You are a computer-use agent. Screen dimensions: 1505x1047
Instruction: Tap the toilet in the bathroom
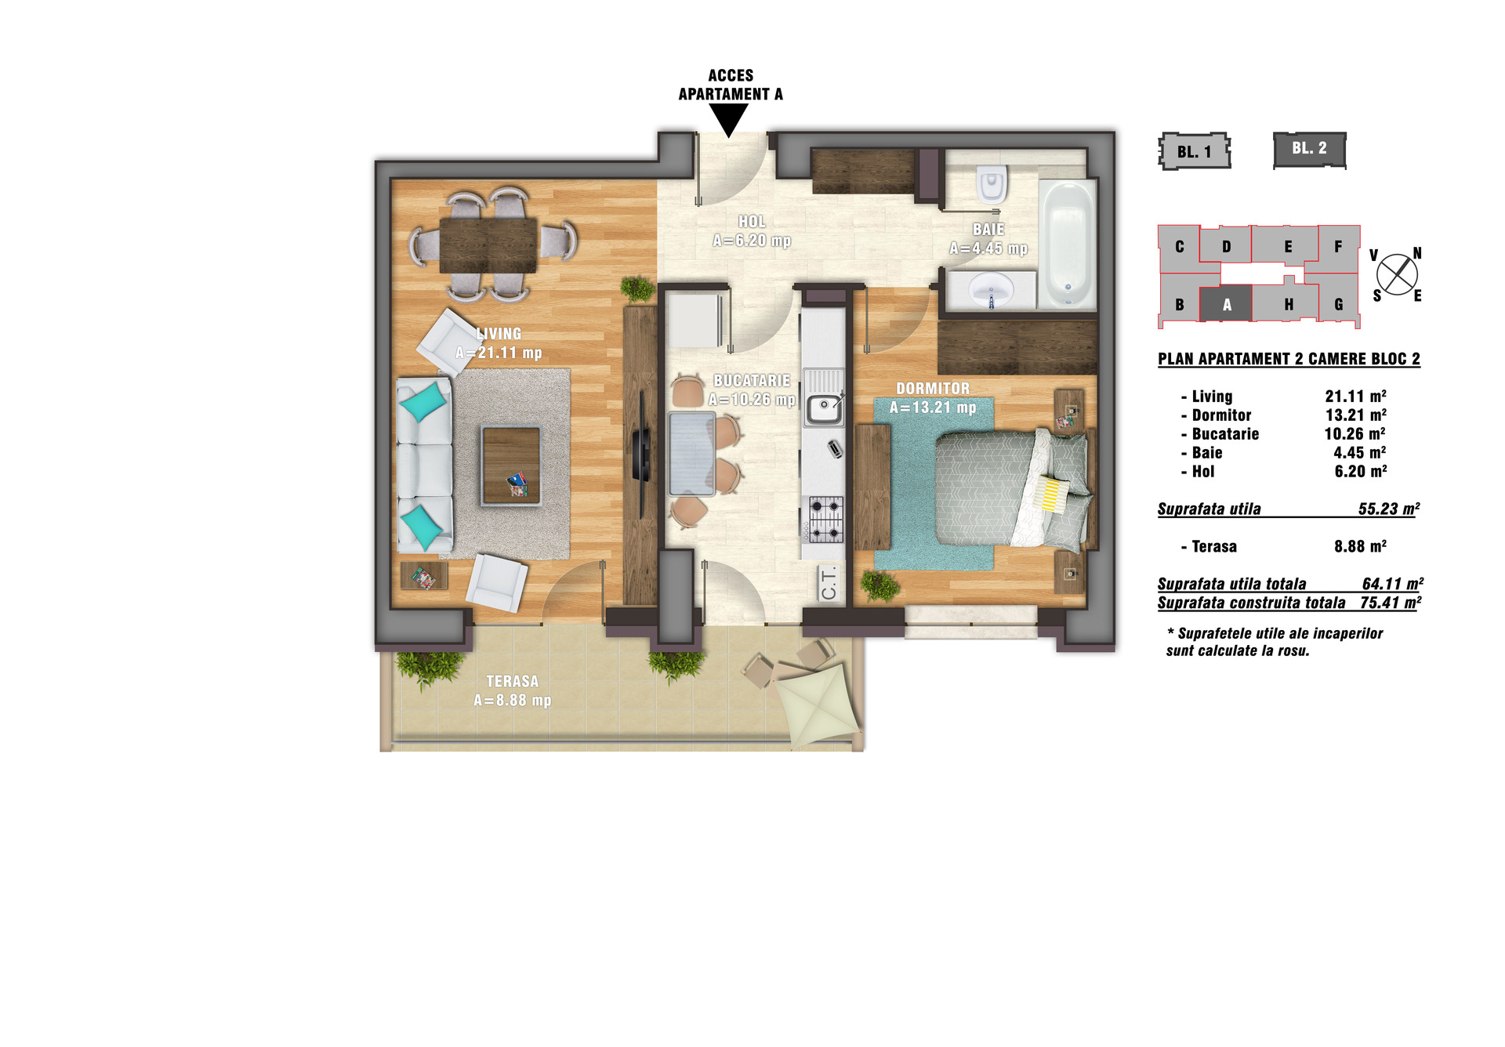[x=992, y=183]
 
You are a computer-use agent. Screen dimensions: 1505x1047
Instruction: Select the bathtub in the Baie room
[x=1067, y=244]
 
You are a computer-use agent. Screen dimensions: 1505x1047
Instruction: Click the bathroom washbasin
[x=992, y=290]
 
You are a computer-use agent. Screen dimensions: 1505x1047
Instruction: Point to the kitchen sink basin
[x=824, y=408]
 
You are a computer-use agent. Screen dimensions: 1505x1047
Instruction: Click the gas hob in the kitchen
[x=825, y=519]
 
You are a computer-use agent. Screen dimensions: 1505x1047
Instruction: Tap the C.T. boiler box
[x=829, y=583]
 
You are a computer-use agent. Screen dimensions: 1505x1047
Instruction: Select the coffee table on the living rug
[x=511, y=466]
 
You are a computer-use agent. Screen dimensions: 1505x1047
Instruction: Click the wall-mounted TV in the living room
[x=641, y=455]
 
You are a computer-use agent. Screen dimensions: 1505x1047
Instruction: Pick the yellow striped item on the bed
[x=1051, y=495]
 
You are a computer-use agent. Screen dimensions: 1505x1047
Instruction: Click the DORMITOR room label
[x=933, y=389]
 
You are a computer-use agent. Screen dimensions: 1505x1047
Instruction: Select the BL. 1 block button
[x=1195, y=151]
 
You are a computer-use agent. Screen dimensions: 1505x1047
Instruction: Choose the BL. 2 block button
[x=1310, y=149]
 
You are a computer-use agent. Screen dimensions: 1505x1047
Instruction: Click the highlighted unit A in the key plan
[x=1227, y=304]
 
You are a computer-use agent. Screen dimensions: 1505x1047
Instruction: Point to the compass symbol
[x=1397, y=275]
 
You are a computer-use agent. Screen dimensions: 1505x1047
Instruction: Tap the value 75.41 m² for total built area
[x=1391, y=603]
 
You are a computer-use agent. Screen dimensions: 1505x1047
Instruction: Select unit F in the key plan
[x=1339, y=247]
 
